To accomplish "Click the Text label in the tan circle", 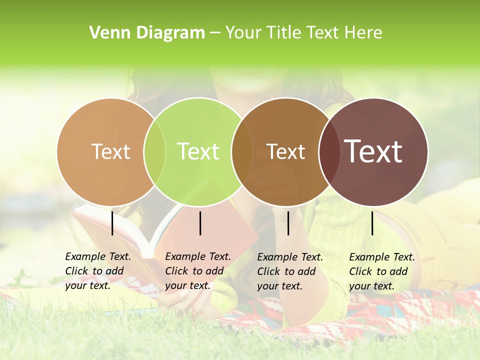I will point(110,151).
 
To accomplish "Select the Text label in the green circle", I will point(198,151).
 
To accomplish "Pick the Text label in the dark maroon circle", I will point(373,151).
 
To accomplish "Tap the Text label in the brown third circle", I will point(286,151).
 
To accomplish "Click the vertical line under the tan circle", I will point(112,223).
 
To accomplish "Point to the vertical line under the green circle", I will point(200,223).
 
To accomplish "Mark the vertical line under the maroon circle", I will point(372,223).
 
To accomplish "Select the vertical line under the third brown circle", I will point(288,223).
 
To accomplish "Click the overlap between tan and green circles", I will point(155,151).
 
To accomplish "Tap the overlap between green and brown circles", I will point(242,151).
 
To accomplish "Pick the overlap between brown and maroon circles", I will point(329,151).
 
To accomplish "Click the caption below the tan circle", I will point(98,271).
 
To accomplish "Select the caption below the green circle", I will point(198,271).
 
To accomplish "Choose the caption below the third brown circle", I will point(290,271).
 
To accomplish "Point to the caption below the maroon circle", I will point(382,271).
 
